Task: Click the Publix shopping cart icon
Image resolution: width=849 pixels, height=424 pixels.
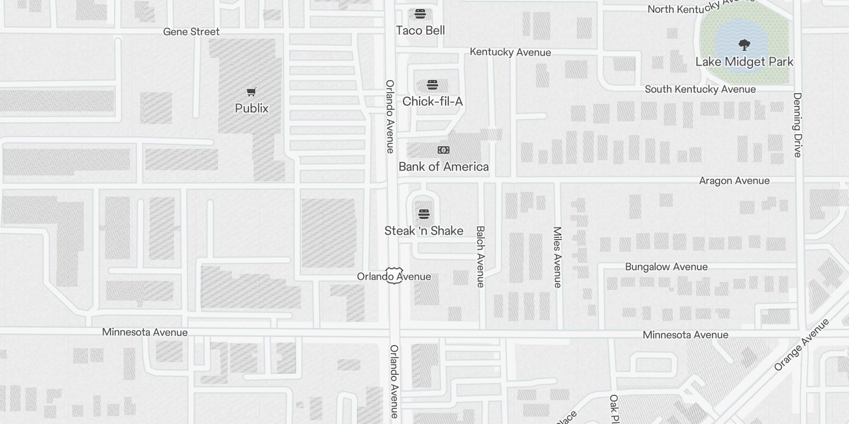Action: click(x=252, y=92)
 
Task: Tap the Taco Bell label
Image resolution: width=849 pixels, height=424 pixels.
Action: click(x=420, y=31)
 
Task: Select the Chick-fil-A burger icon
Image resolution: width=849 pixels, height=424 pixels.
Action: click(x=432, y=85)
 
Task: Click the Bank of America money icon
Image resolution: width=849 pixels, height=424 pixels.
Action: click(x=444, y=150)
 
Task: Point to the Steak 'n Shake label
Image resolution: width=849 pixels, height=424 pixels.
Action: click(x=423, y=231)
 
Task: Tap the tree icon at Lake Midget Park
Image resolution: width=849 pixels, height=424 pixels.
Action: click(x=744, y=45)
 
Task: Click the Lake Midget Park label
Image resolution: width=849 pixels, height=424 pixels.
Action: click(x=744, y=62)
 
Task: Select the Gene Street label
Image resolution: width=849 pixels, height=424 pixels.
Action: click(x=191, y=32)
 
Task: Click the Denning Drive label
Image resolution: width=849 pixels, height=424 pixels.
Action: click(x=797, y=125)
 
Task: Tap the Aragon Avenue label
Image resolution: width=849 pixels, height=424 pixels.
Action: click(x=734, y=181)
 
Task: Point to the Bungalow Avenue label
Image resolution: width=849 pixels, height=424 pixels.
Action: click(x=666, y=267)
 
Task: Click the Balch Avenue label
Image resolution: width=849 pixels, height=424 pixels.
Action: click(x=480, y=257)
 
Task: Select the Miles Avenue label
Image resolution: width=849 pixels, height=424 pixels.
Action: click(x=557, y=257)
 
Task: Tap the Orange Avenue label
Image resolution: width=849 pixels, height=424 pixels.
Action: click(x=801, y=344)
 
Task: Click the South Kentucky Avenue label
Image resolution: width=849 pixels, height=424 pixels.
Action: click(x=700, y=89)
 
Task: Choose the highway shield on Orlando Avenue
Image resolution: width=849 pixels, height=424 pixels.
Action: click(x=394, y=276)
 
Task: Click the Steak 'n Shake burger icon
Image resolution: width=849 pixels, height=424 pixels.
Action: click(x=423, y=214)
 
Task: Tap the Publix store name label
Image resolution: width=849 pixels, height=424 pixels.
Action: click(x=252, y=108)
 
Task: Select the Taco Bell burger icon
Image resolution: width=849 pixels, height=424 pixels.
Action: click(x=420, y=13)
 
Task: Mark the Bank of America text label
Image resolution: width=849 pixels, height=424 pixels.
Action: click(x=444, y=167)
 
